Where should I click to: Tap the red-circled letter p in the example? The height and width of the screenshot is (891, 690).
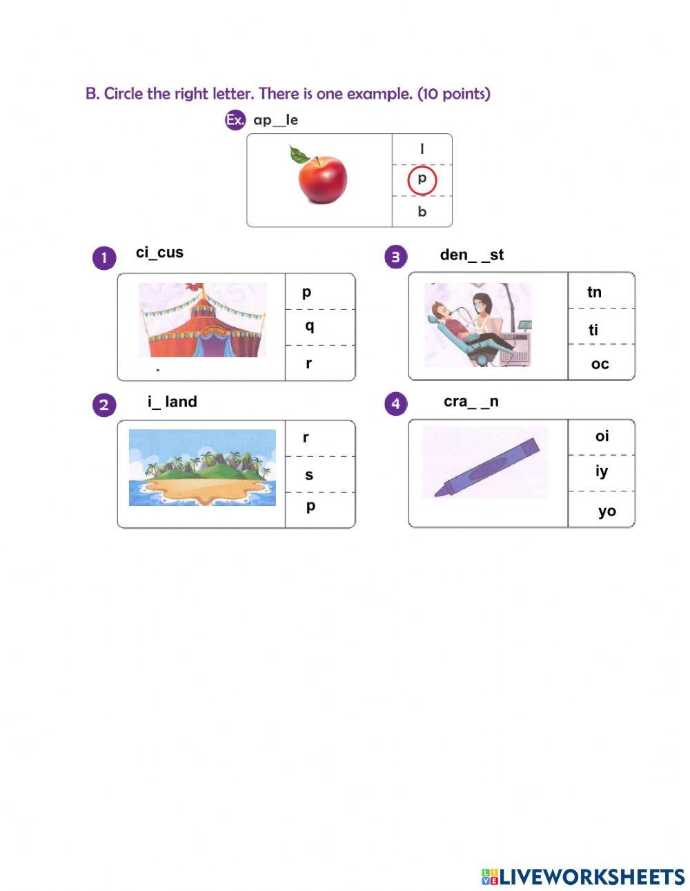coord(422,179)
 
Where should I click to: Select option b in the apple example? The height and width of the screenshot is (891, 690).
coord(422,212)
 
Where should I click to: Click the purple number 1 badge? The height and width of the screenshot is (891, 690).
coord(104,258)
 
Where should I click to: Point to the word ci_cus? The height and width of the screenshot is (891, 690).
coord(159,253)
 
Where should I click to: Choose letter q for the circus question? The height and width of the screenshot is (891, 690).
coord(309,326)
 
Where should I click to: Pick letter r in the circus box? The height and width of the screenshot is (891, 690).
coord(308,363)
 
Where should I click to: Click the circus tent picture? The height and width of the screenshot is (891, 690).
coord(202,320)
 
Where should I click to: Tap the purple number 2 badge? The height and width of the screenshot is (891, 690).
coord(104,404)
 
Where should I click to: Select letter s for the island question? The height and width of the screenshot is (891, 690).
coord(309,475)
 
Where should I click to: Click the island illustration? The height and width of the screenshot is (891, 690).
coord(202,467)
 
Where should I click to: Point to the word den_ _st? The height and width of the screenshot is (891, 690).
coord(472,255)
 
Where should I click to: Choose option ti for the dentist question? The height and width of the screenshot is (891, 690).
coord(593,331)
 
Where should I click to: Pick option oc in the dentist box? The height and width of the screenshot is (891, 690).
coord(600,364)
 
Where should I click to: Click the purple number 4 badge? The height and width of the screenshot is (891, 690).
coord(395,404)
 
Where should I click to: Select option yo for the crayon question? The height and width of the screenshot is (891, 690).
coord(607,511)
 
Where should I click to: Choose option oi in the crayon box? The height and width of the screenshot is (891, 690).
coord(602,436)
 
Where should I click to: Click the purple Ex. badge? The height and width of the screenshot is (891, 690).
coord(235,120)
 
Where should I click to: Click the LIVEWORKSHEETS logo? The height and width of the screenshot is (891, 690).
coord(583,877)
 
